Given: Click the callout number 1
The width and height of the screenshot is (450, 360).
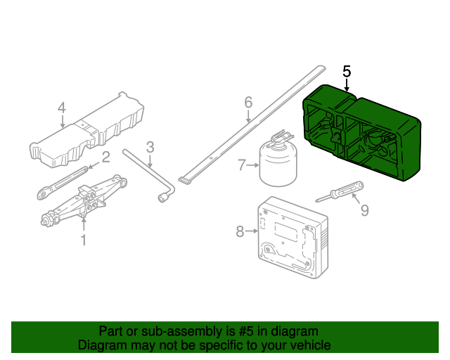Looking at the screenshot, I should coord(83,240).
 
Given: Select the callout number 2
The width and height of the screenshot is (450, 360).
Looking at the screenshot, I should coord(105,157).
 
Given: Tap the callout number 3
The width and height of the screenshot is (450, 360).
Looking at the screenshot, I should coord(150,147).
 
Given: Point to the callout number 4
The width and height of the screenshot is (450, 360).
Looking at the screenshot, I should coord(62,108).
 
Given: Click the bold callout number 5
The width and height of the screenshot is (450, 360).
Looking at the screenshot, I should coord(346,71).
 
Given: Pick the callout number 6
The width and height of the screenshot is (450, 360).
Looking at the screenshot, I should coord(247,103).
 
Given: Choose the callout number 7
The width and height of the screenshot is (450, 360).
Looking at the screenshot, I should coord(242,165).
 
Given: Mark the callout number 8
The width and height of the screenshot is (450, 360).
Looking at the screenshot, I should coord(239,230).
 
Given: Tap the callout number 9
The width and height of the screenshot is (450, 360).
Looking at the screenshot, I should coord(364,209).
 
